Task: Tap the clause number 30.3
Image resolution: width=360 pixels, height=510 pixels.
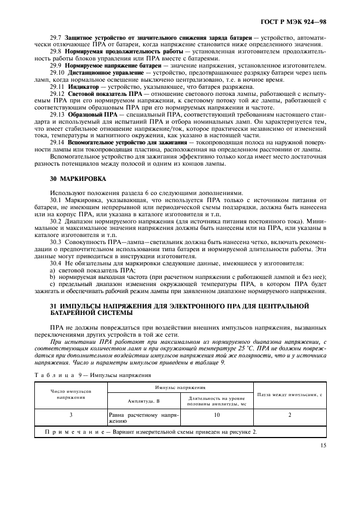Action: pos(56,240)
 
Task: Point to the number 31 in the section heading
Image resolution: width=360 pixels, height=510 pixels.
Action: pos(38,306)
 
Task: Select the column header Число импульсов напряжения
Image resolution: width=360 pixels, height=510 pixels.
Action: pos(71,394)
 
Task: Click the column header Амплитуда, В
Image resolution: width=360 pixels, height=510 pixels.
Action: pos(143,400)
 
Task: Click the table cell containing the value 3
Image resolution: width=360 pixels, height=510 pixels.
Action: pos(71,415)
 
